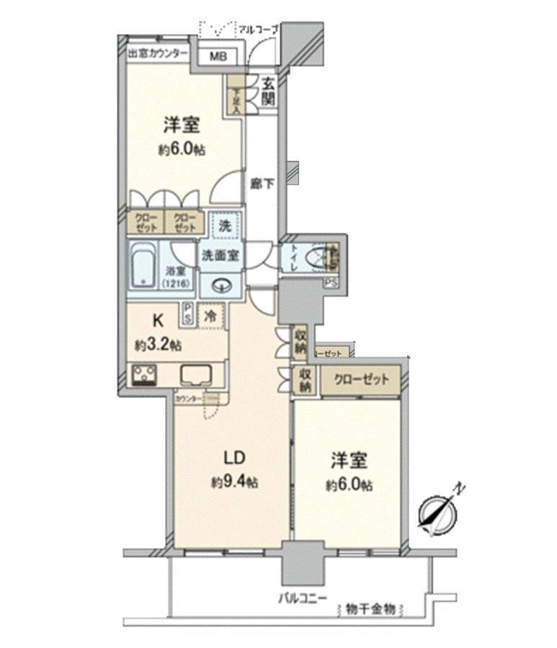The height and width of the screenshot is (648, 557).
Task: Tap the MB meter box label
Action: coord(217,56)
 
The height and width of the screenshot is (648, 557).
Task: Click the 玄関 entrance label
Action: coord(267,91)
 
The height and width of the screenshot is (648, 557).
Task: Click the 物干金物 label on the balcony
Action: coord(370,609)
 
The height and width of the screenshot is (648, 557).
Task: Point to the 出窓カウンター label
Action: coord(158,54)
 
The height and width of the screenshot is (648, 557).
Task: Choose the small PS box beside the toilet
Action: coord(331,283)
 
